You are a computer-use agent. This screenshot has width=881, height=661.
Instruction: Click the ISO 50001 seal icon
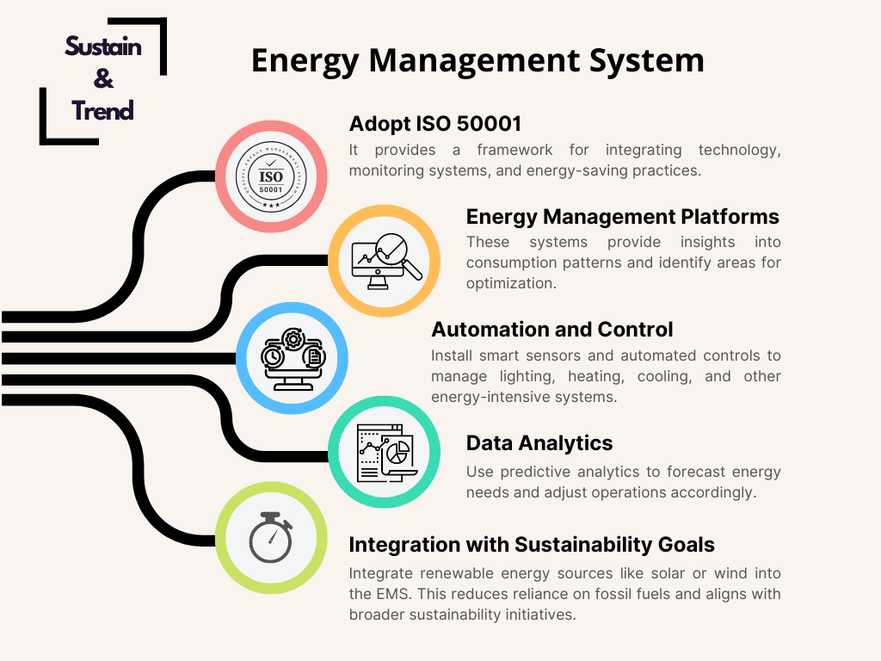click(x=271, y=176)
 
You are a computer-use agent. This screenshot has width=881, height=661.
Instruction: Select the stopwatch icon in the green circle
click(x=271, y=537)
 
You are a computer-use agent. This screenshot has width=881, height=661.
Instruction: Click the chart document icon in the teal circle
click(x=386, y=453)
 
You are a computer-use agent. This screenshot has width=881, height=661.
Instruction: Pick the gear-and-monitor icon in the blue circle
click(x=293, y=359)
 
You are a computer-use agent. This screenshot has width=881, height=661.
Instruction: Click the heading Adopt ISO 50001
click(x=435, y=124)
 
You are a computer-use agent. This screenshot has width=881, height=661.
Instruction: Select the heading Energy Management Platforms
click(x=623, y=217)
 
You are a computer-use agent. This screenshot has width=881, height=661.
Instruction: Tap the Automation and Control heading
click(x=551, y=330)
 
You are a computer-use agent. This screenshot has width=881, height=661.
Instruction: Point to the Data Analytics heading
click(x=539, y=443)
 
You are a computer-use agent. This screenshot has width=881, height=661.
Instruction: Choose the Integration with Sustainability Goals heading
click(x=532, y=545)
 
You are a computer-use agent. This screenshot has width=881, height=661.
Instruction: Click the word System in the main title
click(x=646, y=61)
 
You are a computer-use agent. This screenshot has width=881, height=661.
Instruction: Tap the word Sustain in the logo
click(x=103, y=46)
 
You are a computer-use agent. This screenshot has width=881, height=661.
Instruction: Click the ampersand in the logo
click(x=103, y=78)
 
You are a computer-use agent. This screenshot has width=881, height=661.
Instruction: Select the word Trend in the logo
click(x=102, y=111)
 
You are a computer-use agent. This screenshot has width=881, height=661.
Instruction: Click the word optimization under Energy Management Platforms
click(x=511, y=283)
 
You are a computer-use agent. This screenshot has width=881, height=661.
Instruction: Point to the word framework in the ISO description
click(x=514, y=150)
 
